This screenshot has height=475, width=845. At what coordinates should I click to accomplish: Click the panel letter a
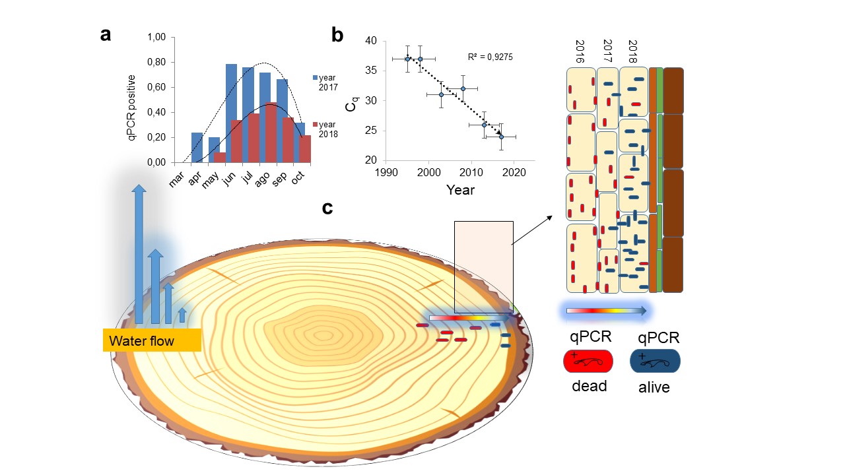coord(106,35)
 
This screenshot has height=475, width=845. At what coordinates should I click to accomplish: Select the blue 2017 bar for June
coord(231,112)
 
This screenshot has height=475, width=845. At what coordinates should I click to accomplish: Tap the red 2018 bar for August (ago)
coord(271,132)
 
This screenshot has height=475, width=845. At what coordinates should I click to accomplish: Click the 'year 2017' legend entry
coord(325,82)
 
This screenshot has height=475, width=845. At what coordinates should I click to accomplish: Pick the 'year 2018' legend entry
coord(325,129)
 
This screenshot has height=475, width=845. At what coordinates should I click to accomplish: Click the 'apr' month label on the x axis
coord(194,178)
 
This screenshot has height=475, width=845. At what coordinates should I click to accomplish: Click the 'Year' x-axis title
coord(459,190)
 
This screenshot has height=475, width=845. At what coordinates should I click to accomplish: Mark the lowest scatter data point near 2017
coord(501,137)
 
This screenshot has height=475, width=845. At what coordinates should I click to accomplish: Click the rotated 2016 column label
coord(580,51)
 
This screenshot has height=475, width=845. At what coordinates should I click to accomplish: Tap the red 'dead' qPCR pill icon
coord(588,361)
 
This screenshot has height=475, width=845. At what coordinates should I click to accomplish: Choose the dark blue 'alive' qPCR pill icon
coord(655,361)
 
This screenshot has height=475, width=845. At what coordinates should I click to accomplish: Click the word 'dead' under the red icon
coord(589,386)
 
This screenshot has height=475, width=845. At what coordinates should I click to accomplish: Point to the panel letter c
coord(327,208)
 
